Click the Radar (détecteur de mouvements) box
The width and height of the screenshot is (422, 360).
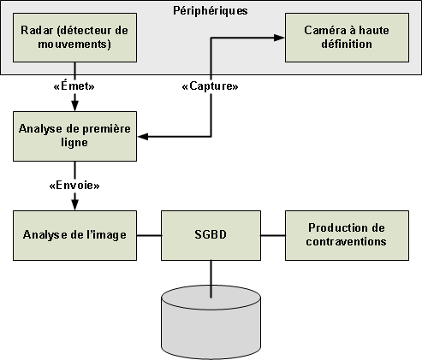tap(74, 38)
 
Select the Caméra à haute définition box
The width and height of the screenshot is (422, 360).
tap(347, 38)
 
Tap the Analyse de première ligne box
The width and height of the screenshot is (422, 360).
tap(74, 136)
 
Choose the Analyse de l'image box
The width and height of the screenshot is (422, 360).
tap(74, 235)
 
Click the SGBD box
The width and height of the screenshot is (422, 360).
tap(211, 235)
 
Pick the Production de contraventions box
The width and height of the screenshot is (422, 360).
tap(347, 235)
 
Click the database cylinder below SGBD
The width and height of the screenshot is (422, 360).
tap(211, 322)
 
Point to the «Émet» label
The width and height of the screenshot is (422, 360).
tap(74, 86)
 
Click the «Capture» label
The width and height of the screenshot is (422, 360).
tap(210, 86)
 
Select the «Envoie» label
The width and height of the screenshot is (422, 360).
tap(74, 186)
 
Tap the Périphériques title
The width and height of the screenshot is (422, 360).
tap(211, 11)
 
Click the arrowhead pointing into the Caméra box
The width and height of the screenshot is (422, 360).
tap(279, 38)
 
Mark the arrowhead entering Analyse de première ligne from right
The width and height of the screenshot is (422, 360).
tap(143, 137)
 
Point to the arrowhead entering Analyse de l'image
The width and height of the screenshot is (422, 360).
tap(74, 205)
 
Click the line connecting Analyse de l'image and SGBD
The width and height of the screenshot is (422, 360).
tap(149, 235)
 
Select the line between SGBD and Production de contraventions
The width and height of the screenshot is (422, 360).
tap(273, 235)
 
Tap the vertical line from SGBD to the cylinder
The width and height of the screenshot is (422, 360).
tap(211, 280)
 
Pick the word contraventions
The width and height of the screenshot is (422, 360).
tap(347, 242)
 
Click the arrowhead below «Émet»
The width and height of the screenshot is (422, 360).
tap(74, 106)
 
